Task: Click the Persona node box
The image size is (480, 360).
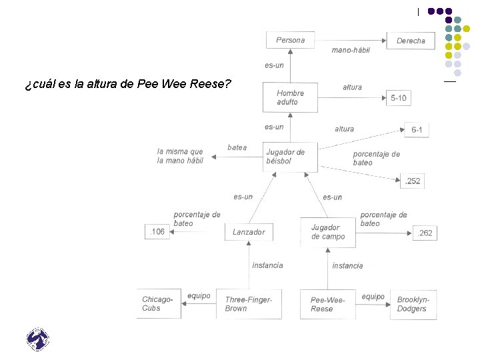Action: coord(290,40)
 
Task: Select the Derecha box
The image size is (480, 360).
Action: coord(411,41)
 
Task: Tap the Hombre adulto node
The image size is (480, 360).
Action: coord(290,97)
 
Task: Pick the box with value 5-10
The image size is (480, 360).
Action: coord(399,98)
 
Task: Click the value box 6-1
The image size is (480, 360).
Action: coord(417,130)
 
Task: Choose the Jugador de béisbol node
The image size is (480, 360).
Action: coord(290,157)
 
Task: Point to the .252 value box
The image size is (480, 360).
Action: coord(413,180)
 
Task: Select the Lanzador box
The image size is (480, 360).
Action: coord(249,232)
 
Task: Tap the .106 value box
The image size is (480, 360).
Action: coord(157,232)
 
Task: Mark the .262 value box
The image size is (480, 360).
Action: coord(425,233)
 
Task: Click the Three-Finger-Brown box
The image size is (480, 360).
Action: coord(249,304)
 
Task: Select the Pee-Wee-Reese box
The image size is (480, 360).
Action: coord(327,304)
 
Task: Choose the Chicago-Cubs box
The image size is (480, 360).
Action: coord(158,304)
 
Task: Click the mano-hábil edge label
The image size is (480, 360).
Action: coord(350,50)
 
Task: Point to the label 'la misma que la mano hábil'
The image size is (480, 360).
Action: coord(180,156)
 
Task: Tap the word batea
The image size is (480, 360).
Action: coord(237,147)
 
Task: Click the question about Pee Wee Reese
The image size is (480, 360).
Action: coord(127,85)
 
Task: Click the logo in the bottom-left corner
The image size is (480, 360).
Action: coord(38,339)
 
